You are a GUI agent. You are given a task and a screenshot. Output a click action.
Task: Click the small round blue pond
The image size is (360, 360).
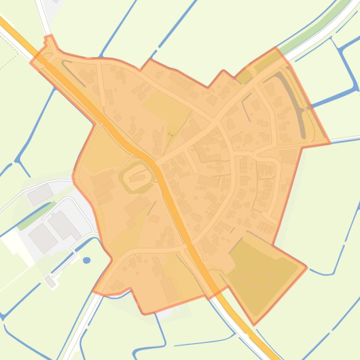86,260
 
